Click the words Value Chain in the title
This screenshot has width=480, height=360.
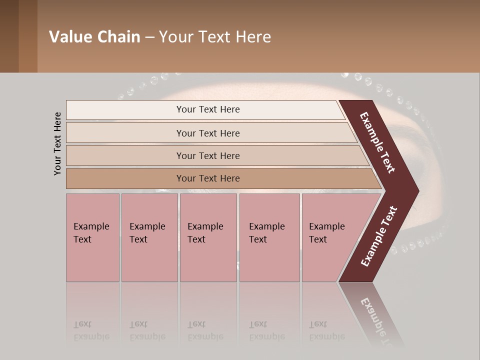(x=94, y=37)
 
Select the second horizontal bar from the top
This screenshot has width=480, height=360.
(x=208, y=133)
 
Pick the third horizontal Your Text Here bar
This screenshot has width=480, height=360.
(x=208, y=155)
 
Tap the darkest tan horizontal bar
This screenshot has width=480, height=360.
(x=208, y=178)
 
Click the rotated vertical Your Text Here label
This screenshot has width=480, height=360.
(x=57, y=143)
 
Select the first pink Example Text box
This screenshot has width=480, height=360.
(x=92, y=237)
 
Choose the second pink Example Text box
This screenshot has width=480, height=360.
(x=149, y=237)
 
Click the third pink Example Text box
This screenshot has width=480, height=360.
(x=208, y=237)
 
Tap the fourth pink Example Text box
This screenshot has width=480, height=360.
(x=269, y=237)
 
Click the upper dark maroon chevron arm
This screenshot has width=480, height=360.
(x=377, y=142)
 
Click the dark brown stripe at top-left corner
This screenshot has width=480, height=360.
(x=9, y=36)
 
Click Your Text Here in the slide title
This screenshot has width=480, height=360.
(x=215, y=37)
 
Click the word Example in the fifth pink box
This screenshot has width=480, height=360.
(x=327, y=226)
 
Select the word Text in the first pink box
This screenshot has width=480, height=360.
(x=82, y=239)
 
